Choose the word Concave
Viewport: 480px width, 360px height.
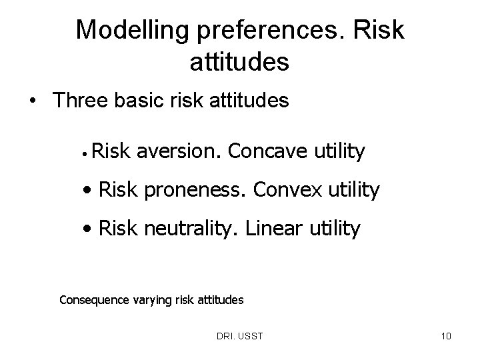pos(271,152)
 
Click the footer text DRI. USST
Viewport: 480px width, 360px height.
pos(240,336)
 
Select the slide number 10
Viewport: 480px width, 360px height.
pos(445,336)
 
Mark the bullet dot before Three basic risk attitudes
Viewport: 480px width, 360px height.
pos(32,102)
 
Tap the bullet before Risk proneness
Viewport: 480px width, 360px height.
pos(89,191)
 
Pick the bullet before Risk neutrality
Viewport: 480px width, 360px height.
pos(89,230)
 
